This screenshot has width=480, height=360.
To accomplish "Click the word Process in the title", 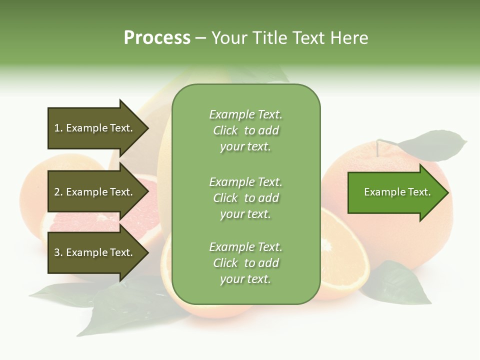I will coord(157,38).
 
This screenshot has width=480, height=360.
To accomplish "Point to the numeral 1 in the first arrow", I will coord(56,128).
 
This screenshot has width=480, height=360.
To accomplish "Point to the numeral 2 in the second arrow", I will coord(57,192).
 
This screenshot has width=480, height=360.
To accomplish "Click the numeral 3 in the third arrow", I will coord(57,252).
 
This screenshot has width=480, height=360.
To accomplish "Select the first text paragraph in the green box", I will coord(245,130).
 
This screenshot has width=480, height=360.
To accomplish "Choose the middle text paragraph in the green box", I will coord(245,198).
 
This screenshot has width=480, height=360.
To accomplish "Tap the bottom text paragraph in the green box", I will coord(245,263).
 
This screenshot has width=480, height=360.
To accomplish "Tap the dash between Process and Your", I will coord(200,38).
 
